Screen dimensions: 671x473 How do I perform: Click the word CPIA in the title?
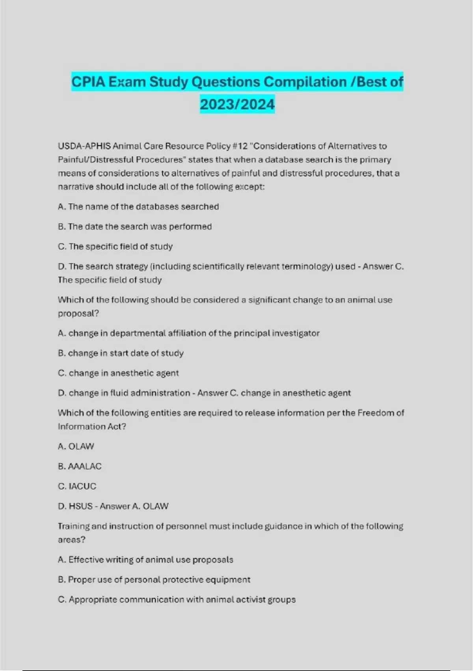coord(88,82)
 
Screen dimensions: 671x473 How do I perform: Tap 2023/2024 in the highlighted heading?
coord(237,105)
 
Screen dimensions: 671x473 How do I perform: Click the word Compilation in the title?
coord(305,82)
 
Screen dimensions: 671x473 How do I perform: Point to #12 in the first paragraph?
coord(240,146)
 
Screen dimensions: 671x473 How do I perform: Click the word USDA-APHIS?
coord(84,146)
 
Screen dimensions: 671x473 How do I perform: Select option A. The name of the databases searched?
coord(138,207)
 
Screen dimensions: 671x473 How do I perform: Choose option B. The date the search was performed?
coord(135,227)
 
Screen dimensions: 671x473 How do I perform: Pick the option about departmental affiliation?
coord(188,333)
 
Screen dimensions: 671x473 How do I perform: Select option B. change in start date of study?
coord(121,353)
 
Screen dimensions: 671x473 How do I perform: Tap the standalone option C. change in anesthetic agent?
coord(118,373)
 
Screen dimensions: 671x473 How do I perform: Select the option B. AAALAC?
coord(80,467)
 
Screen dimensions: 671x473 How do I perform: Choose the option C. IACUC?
coord(77,486)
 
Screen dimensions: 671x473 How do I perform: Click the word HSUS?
coord(80,506)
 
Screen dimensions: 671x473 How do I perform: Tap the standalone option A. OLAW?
coord(76,446)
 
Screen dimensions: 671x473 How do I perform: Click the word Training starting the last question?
coord(74,527)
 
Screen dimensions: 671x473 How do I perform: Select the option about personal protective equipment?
coord(154,580)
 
